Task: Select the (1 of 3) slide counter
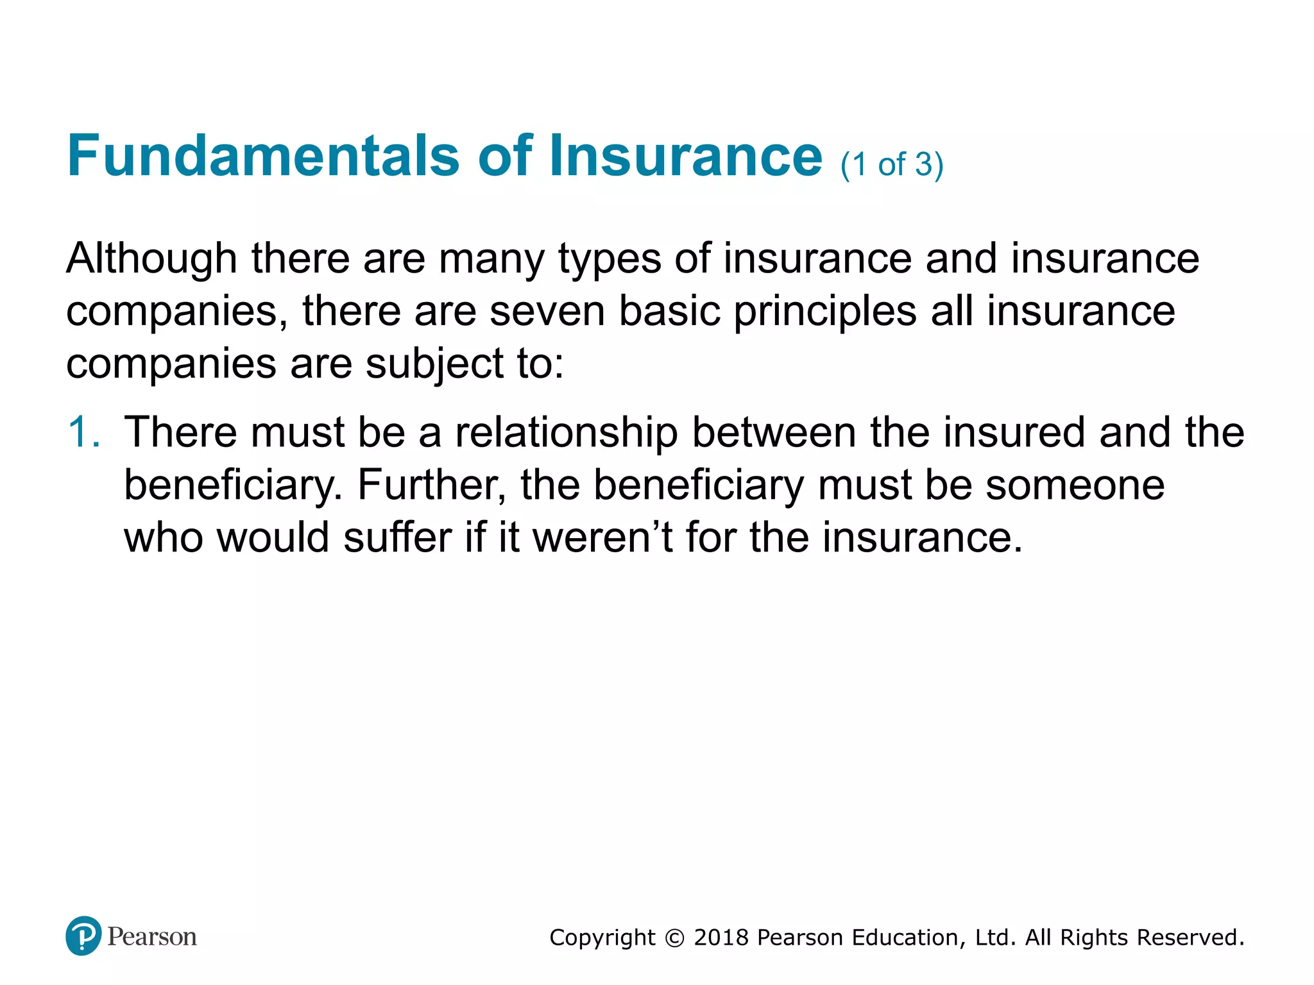(892, 165)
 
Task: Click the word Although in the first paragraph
(151, 259)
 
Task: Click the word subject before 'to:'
(434, 364)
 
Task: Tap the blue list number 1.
(83, 432)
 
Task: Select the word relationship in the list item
(566, 433)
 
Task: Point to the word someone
(1075, 485)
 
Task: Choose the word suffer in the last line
(397, 537)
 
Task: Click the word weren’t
(602, 537)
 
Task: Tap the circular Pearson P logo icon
(83, 936)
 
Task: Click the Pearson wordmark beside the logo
(152, 936)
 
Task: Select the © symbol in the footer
(674, 938)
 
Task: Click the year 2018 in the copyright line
(721, 938)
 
